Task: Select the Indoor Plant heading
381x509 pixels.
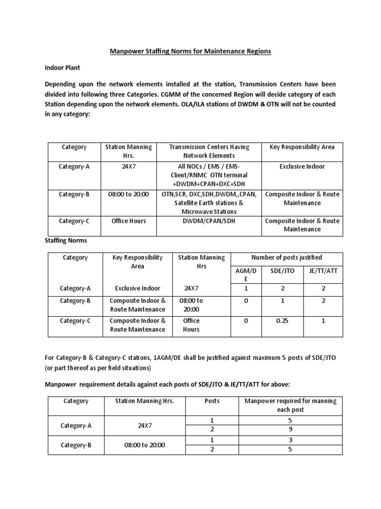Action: coord(62,67)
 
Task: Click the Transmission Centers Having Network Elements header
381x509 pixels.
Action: coord(209,151)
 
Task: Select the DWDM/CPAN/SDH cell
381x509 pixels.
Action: coord(209,221)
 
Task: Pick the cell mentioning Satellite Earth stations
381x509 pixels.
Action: coord(209,203)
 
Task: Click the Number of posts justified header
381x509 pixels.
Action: coord(287,257)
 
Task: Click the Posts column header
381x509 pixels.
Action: coord(212,401)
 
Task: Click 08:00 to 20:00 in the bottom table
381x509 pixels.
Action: coord(144,445)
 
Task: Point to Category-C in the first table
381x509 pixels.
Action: coord(74,221)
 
